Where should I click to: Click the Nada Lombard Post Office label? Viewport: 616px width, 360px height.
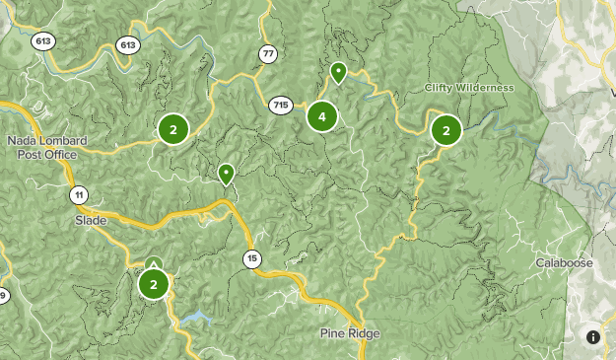(x=46, y=147)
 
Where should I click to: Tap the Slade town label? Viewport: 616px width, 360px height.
(x=90, y=221)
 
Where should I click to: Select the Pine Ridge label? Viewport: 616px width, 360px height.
(x=349, y=333)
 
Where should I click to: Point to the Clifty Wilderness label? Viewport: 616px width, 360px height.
(x=470, y=88)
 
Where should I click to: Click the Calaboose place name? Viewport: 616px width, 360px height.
(x=563, y=263)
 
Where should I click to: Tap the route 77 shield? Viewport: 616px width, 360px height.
(x=268, y=53)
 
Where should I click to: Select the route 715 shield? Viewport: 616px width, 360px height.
(x=281, y=105)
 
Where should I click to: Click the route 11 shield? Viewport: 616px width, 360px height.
(x=79, y=194)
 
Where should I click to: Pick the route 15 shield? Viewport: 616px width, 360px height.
(x=253, y=259)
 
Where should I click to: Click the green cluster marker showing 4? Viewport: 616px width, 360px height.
(x=321, y=116)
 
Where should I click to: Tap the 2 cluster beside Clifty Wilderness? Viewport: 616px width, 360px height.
(x=445, y=129)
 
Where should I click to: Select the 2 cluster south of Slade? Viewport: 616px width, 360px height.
(x=153, y=284)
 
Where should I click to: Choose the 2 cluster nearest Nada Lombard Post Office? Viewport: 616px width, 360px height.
(x=173, y=128)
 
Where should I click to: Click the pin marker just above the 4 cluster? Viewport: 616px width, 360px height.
(x=338, y=72)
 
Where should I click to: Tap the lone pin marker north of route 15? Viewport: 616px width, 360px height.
(x=226, y=174)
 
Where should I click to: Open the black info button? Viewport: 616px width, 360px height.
(x=593, y=336)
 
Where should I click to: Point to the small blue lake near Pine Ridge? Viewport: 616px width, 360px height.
(x=194, y=319)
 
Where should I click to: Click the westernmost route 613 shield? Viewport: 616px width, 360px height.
(x=42, y=40)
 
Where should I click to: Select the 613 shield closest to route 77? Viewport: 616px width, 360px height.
(x=127, y=44)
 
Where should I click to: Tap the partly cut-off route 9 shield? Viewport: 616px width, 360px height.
(x=3, y=296)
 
